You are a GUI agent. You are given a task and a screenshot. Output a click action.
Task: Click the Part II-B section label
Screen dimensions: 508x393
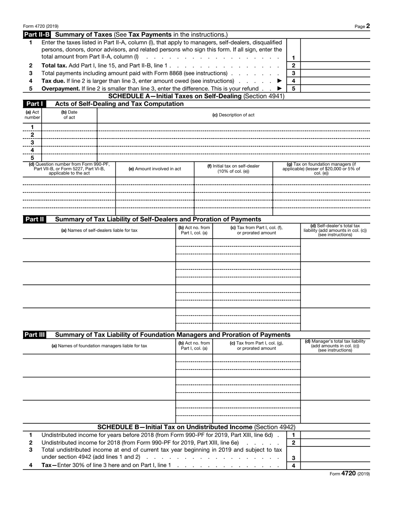(37, 34)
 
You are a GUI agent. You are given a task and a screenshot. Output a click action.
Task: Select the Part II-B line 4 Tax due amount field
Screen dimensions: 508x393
(335, 81)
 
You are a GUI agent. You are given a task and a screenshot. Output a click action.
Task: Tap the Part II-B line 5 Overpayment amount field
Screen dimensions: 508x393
(335, 88)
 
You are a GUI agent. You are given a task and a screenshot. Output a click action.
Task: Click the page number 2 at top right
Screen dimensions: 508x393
(368, 26)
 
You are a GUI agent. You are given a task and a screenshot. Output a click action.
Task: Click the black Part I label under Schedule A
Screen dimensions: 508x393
(34, 104)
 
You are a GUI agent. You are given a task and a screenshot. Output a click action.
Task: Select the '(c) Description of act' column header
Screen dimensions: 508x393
(233, 115)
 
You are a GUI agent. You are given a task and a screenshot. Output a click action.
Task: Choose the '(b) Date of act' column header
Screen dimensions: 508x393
(69, 115)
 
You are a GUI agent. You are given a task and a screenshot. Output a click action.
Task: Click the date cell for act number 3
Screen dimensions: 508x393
(69, 142)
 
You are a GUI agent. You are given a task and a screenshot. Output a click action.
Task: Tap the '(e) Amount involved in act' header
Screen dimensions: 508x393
(155, 169)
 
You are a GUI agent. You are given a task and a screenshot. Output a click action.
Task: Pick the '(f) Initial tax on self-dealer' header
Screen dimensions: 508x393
(233, 169)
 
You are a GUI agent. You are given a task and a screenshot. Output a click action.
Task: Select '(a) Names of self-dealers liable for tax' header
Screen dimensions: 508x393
(99, 230)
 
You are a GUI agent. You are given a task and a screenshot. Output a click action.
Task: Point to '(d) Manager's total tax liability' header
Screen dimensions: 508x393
(335, 346)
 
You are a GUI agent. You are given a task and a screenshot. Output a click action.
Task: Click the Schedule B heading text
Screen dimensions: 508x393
(196, 427)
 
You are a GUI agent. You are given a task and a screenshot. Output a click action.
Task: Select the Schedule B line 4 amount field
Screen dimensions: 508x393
(335, 465)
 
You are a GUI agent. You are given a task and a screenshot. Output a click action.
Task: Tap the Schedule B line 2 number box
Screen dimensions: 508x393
(293, 443)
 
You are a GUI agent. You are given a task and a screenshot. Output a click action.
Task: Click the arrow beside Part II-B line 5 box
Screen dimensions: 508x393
(280, 88)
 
